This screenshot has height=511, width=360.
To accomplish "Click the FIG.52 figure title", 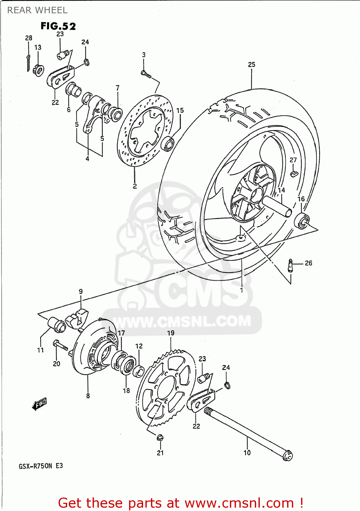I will [58, 26].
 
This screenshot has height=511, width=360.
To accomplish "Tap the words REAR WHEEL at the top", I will [37, 10].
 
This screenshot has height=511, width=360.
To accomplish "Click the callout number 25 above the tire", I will [251, 64].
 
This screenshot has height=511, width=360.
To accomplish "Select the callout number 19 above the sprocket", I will [171, 333].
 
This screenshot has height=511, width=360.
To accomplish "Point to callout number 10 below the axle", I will [247, 452].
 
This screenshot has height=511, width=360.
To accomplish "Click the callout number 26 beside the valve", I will [308, 263].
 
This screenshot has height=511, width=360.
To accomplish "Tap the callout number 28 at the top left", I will [29, 38].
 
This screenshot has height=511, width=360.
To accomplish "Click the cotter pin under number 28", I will [28, 63].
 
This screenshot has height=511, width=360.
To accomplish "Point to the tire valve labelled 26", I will [290, 265].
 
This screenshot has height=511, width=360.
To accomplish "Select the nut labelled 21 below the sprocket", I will [160, 437].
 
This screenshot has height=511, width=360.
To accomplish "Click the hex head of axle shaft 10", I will [288, 455].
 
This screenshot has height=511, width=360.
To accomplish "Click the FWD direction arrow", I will [40, 404].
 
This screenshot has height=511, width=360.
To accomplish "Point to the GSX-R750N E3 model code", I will [41, 466].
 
